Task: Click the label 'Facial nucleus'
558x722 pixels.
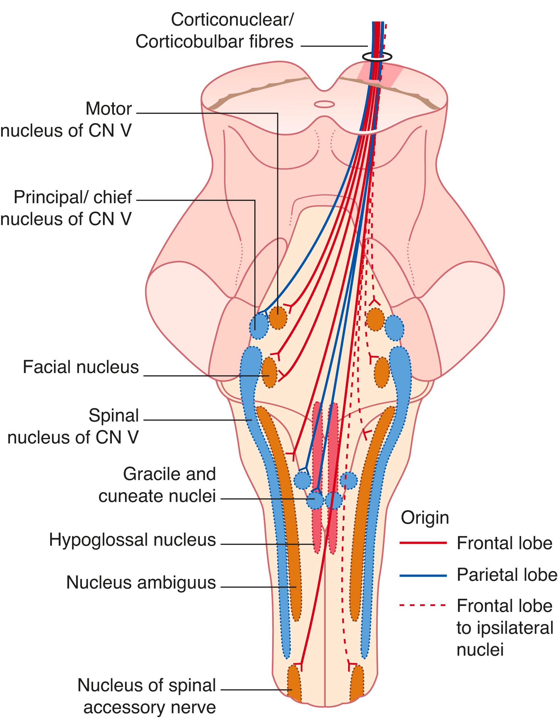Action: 81,367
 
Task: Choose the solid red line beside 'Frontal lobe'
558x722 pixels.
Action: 423,543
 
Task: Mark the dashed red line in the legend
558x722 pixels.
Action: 423,606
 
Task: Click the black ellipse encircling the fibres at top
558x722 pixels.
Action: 377,57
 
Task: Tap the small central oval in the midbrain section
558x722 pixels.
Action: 324,104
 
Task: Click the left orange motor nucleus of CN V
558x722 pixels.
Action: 277,318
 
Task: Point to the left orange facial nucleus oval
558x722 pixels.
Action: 269,372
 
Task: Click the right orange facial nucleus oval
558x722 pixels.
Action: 382,372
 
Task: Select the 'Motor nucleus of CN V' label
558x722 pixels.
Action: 66,120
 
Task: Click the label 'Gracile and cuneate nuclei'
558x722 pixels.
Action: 158,485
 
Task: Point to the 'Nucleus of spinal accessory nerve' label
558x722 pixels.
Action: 146,697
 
